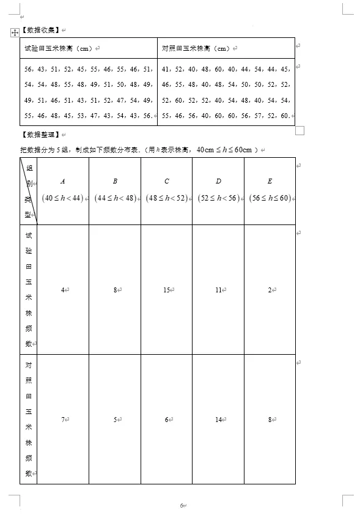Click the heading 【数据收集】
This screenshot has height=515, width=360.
(x=40, y=29)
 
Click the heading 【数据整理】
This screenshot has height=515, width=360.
(x=40, y=134)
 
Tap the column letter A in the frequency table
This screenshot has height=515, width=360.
(x=63, y=181)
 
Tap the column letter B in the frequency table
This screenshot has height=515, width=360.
(x=115, y=181)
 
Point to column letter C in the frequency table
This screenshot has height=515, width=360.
(x=167, y=181)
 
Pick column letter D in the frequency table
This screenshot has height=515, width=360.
(x=218, y=181)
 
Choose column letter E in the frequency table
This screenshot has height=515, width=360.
(x=270, y=181)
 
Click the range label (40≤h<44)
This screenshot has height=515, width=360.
(x=62, y=198)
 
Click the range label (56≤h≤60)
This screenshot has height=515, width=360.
(x=270, y=198)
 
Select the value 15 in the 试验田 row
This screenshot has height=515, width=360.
(x=166, y=290)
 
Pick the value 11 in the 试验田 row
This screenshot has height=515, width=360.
(x=218, y=290)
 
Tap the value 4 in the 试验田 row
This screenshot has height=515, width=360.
(x=62, y=290)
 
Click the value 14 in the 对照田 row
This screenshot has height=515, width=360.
(x=218, y=420)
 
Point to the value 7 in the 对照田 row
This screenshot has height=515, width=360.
(x=62, y=420)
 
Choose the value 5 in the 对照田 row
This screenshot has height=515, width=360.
(x=114, y=420)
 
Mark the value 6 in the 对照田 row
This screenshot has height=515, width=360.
(x=166, y=420)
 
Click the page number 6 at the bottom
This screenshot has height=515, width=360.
(x=182, y=505)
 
